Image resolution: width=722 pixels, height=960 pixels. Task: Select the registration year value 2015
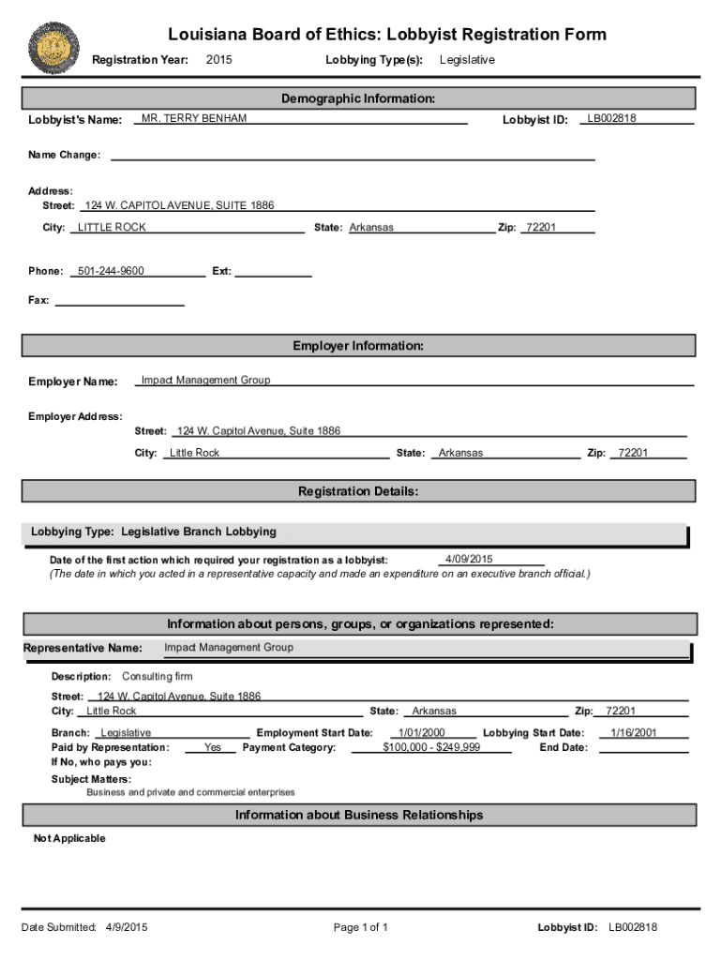219,60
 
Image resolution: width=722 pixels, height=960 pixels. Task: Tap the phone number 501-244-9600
111,271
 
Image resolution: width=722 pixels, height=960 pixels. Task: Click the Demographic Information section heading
358,98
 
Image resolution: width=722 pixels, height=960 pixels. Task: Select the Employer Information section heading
358,346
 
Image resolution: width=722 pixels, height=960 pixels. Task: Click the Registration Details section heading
358,491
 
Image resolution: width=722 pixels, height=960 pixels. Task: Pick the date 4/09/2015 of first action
469,559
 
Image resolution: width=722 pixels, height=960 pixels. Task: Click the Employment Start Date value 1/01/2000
422,733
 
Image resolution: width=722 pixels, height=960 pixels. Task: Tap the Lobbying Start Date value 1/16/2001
634,733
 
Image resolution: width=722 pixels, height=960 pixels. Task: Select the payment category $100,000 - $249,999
432,747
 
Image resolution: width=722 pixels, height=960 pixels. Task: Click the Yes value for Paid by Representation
213,747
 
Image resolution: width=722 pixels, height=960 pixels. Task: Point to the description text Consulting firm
158,676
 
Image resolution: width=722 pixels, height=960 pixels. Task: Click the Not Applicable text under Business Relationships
69,838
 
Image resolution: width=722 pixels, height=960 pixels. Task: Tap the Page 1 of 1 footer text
361,927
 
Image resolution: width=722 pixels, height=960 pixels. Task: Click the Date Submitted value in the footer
127,927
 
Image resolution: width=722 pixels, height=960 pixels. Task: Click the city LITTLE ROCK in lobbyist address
112,227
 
